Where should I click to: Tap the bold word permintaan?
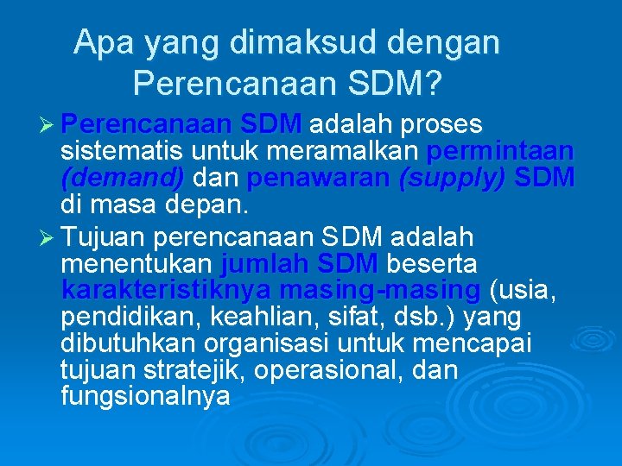click(x=501, y=151)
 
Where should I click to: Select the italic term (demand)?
click(x=123, y=179)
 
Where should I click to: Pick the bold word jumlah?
click(x=265, y=262)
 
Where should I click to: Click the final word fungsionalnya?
click(x=146, y=399)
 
